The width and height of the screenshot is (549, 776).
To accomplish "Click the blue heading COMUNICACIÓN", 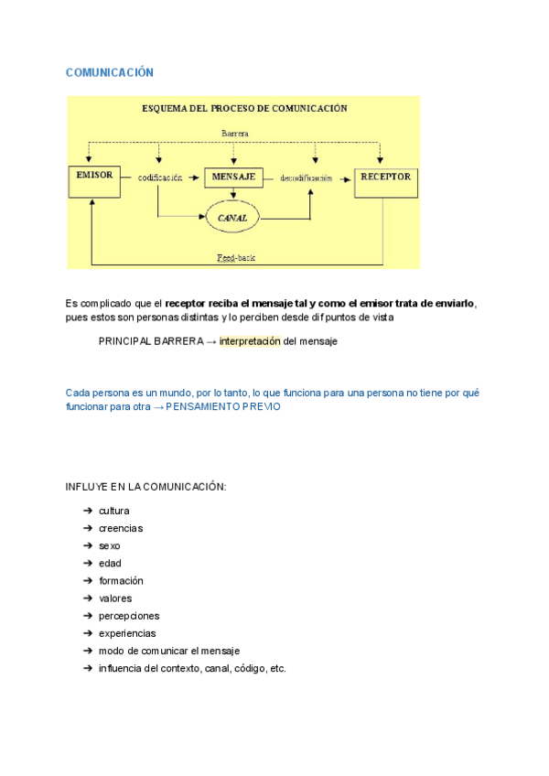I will (x=110, y=72).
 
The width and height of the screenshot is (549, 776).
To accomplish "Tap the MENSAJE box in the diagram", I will (x=234, y=177).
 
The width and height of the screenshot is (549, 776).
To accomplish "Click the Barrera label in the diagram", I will (x=235, y=133).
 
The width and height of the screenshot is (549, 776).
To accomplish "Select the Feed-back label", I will (x=236, y=258).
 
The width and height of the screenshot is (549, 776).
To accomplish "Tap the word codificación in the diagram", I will (x=160, y=177).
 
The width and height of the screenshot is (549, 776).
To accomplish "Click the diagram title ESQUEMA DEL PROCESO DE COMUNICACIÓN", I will (x=243, y=108).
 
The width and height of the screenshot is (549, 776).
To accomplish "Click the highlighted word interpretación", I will (x=250, y=341).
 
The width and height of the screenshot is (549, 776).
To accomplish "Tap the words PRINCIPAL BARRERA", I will (x=151, y=341).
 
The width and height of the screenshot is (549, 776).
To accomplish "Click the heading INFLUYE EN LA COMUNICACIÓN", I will (x=145, y=487).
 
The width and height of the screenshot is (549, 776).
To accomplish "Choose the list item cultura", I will (x=113, y=511).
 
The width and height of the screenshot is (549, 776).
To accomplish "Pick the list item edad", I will (x=110, y=564).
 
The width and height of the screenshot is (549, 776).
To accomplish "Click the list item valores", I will (x=115, y=598).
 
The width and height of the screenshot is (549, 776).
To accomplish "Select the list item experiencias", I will (x=127, y=633).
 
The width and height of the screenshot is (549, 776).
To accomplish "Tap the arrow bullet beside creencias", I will (x=86, y=528).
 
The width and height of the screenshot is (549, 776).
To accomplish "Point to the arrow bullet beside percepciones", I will (x=86, y=616).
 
